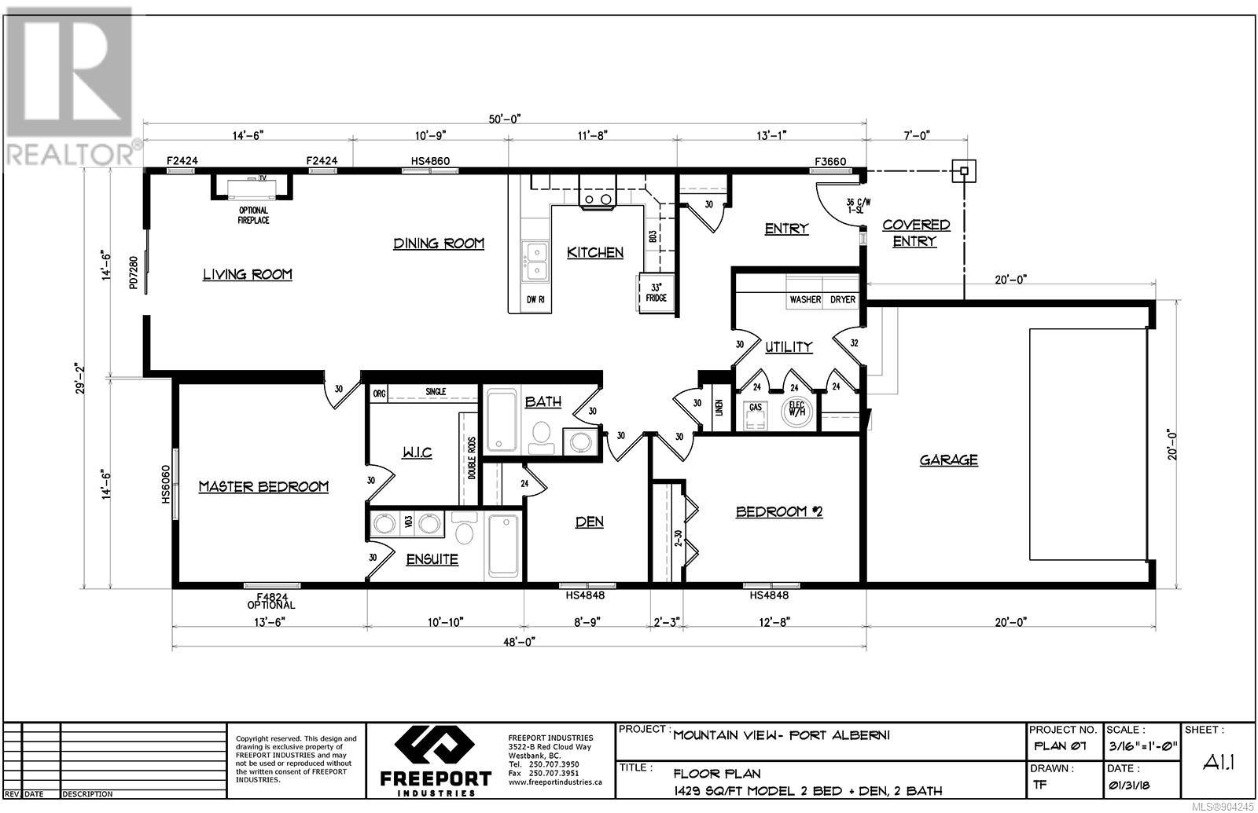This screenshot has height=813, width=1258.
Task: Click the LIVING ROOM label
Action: click(247, 274)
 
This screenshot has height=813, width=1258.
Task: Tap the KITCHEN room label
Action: click(594, 253)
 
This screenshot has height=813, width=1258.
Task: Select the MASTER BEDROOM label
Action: click(263, 486)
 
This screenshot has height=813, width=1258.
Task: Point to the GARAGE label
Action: click(948, 460)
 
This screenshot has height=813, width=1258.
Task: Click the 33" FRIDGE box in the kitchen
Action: click(656, 292)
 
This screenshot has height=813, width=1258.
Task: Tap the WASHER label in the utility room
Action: click(805, 299)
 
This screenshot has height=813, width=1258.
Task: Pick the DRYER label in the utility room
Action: click(843, 299)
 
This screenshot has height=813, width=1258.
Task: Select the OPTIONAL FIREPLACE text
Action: click(253, 215)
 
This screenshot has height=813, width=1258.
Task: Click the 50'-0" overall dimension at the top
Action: click(504, 119)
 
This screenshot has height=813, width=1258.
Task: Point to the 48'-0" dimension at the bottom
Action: click(519, 642)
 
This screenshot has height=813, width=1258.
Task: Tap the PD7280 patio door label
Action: click(133, 273)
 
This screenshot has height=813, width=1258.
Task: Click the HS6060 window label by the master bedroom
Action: click(166, 484)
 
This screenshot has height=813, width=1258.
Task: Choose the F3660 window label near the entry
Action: click(830, 162)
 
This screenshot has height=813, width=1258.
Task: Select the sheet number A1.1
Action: click(1219, 761)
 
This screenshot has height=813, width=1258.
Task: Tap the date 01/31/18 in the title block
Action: click(1129, 786)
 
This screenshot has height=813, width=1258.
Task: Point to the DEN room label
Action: click(590, 522)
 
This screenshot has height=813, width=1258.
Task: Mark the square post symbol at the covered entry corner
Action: click(964, 171)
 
